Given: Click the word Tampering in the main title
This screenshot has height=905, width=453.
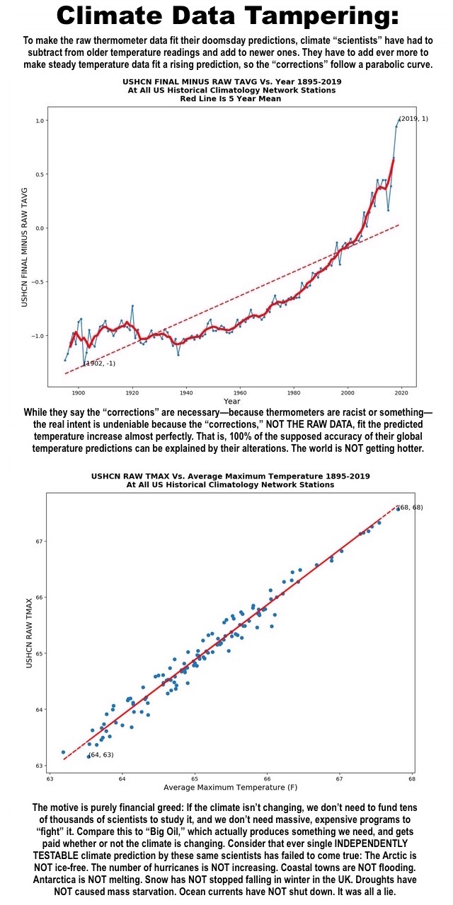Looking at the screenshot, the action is pos(322,16).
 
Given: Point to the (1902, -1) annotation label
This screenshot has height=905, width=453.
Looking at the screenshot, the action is pos(100,363).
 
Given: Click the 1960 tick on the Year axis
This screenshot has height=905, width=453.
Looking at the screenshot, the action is pos(240,392).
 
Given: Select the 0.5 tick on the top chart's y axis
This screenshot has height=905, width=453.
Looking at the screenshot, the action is pos(40,174).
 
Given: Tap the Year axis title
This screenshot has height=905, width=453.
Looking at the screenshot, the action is pos(231,401).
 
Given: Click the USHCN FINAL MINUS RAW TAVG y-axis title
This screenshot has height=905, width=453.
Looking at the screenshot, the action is pos(25,247).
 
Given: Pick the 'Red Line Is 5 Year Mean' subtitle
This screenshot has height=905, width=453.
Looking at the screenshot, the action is pos(231,98).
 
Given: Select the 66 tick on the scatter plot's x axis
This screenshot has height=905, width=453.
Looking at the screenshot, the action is pos(267,778).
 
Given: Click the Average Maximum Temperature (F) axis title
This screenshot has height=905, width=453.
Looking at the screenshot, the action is pos(230,787).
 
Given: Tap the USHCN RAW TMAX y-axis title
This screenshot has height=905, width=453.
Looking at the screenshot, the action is pos(29,633).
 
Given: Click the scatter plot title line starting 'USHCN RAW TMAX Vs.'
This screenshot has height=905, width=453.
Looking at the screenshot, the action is pos(231,476).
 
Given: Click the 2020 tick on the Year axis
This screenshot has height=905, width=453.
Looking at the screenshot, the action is pos(401,392).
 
